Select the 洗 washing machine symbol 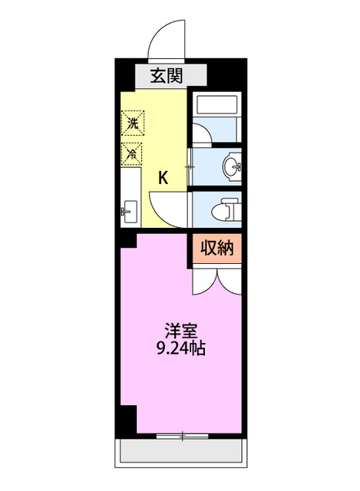[x=131, y=122]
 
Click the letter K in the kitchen [x=163, y=178]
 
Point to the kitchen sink [x=128, y=208]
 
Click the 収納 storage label [x=218, y=249]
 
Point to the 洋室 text [x=181, y=331]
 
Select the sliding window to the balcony [x=182, y=436]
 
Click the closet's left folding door [x=204, y=282]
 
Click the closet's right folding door [x=231, y=282]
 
